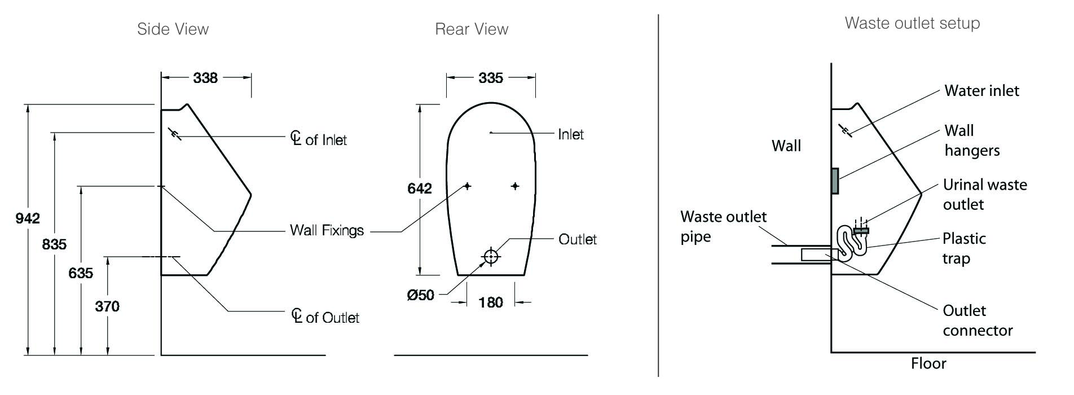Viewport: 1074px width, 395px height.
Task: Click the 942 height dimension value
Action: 28,218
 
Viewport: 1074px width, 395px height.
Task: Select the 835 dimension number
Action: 54,244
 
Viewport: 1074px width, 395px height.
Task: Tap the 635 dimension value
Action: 81,273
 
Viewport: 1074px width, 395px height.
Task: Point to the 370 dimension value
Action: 107,306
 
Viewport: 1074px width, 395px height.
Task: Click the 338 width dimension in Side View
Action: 205,78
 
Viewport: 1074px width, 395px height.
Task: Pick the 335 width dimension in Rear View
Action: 491,78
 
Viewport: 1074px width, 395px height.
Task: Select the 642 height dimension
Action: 420,188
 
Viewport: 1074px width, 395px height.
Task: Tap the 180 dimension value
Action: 491,302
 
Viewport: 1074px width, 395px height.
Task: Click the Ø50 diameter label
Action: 421,295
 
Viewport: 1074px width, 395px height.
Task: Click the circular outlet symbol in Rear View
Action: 491,257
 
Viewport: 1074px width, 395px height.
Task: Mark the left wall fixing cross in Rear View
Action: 468,186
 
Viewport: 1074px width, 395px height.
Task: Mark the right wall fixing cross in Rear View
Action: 515,186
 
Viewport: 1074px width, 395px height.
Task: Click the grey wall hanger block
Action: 835,181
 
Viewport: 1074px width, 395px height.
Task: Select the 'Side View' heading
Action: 173,29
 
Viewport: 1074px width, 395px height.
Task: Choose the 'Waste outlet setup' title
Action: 912,23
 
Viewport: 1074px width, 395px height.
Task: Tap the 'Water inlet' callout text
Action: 981,91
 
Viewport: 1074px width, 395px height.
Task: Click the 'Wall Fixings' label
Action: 327,230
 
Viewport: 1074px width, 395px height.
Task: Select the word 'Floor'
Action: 928,363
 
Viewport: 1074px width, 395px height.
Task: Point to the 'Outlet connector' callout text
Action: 978,321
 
